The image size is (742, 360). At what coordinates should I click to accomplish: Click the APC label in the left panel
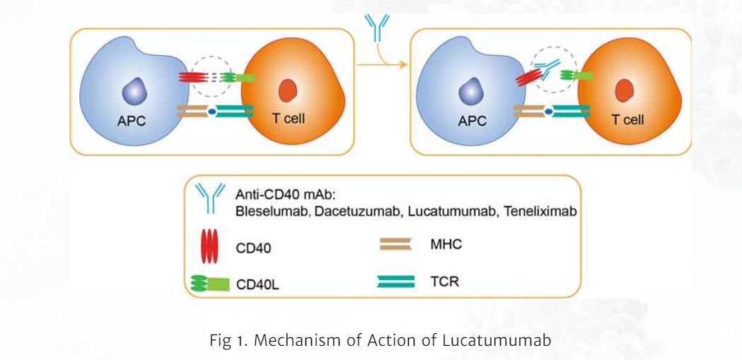(x=131, y=121)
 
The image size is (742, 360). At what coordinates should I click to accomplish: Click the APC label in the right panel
(x=473, y=121)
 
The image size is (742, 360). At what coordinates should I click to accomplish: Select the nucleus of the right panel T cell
(x=623, y=91)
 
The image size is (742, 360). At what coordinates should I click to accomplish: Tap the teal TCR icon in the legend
(x=396, y=281)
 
